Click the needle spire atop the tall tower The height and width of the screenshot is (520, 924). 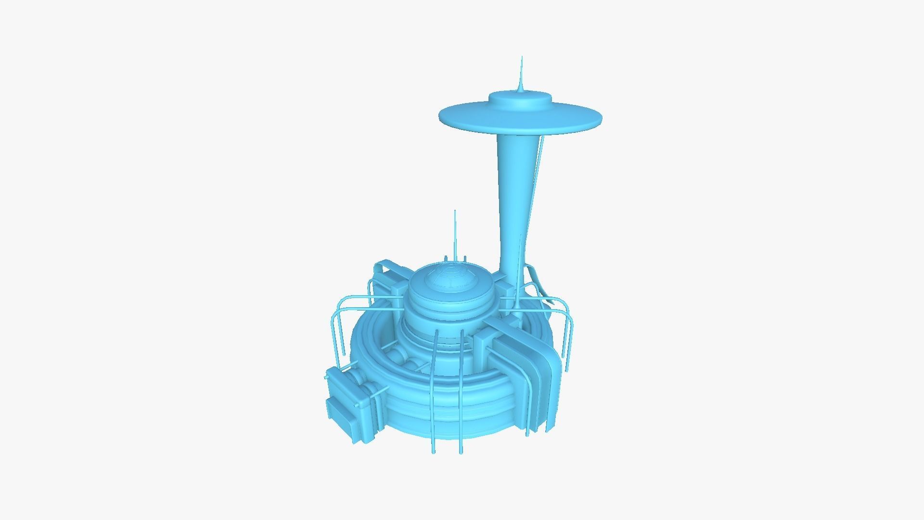click(x=521, y=72)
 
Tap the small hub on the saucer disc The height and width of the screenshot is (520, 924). click(x=520, y=100)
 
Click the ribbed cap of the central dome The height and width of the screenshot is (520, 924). click(x=450, y=279)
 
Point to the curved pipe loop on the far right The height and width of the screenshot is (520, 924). click(x=568, y=332)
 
